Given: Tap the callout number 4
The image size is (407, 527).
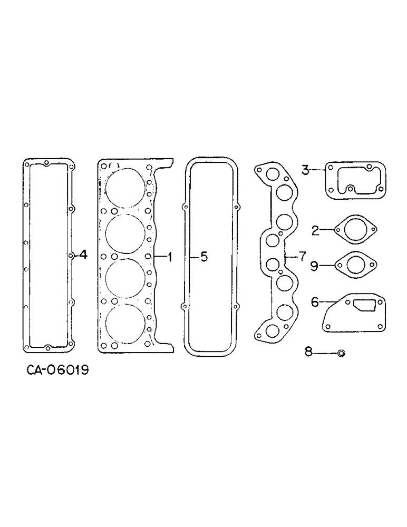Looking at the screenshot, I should click(83, 256).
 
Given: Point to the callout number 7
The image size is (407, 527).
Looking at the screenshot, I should click(302, 257).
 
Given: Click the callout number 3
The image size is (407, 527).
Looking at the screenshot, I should click(305, 170).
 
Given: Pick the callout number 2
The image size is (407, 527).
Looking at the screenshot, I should click(315, 230).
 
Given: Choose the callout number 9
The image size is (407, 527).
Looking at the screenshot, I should click(314, 266).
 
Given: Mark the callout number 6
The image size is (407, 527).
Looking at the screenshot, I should click(315, 302).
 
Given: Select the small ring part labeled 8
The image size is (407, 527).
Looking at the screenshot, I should click(341, 353).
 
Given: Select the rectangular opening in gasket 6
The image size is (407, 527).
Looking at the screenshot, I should click(363, 305).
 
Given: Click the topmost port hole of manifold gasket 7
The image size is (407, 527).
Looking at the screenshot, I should click(273, 175).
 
